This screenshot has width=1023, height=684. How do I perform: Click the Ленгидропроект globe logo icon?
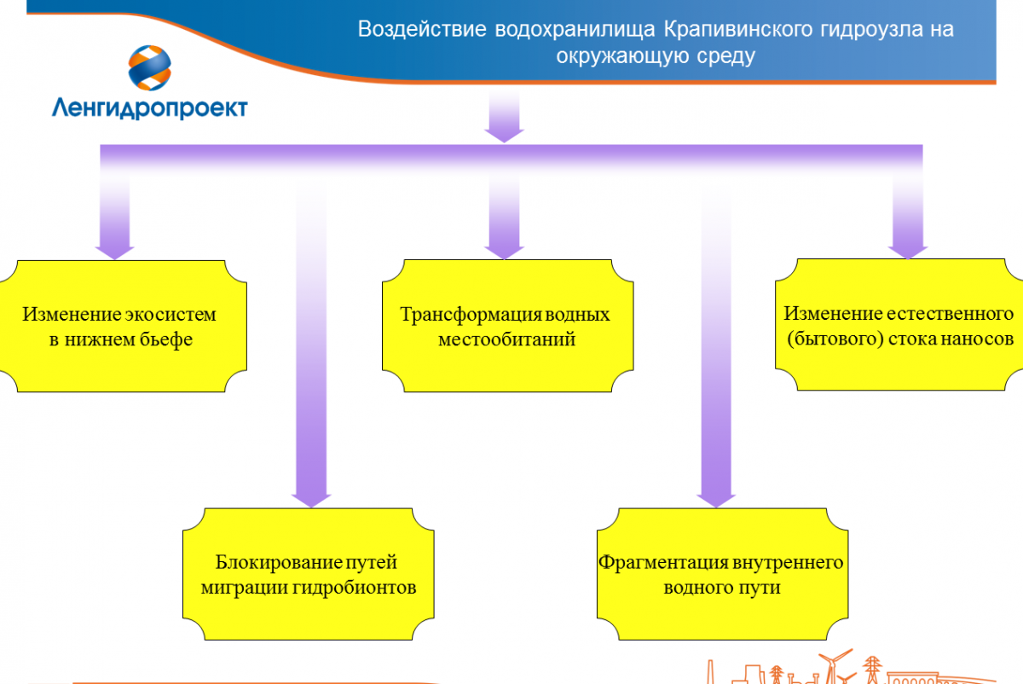[150, 67]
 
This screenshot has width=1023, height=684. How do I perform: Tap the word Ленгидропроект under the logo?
[150, 108]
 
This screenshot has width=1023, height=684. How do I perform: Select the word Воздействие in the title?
[422, 29]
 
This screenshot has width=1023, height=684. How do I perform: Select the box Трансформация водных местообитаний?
[507, 326]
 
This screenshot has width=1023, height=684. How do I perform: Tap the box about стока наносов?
[899, 325]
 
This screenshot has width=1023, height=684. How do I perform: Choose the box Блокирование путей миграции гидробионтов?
[309, 574]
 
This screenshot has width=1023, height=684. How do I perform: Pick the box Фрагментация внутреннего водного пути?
[723, 574]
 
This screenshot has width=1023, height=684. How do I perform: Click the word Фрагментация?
[663, 563]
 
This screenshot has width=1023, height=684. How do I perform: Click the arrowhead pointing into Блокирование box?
[311, 500]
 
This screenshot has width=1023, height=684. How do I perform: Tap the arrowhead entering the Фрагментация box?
[716, 500]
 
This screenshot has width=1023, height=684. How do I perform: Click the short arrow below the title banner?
[504, 116]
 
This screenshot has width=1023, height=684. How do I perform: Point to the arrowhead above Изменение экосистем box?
[114, 252]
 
